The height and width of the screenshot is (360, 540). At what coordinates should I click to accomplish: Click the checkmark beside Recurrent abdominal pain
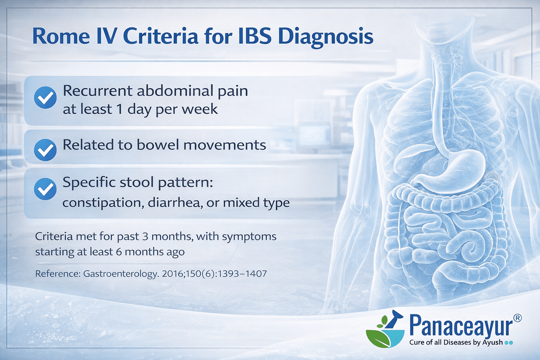(45, 97)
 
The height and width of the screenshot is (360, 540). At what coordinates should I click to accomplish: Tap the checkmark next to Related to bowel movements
(45, 150)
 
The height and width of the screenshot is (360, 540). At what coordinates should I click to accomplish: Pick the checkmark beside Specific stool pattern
(45, 189)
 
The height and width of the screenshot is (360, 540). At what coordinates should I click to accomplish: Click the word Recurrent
(97, 91)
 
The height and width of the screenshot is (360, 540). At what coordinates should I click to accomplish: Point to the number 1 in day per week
(120, 109)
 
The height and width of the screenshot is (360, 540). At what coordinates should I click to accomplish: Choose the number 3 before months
(145, 236)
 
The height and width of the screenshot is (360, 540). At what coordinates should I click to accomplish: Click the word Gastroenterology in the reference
(120, 274)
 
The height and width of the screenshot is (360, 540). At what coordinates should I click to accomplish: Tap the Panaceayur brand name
(461, 326)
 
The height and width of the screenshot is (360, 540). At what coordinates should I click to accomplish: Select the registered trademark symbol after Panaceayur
(517, 318)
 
